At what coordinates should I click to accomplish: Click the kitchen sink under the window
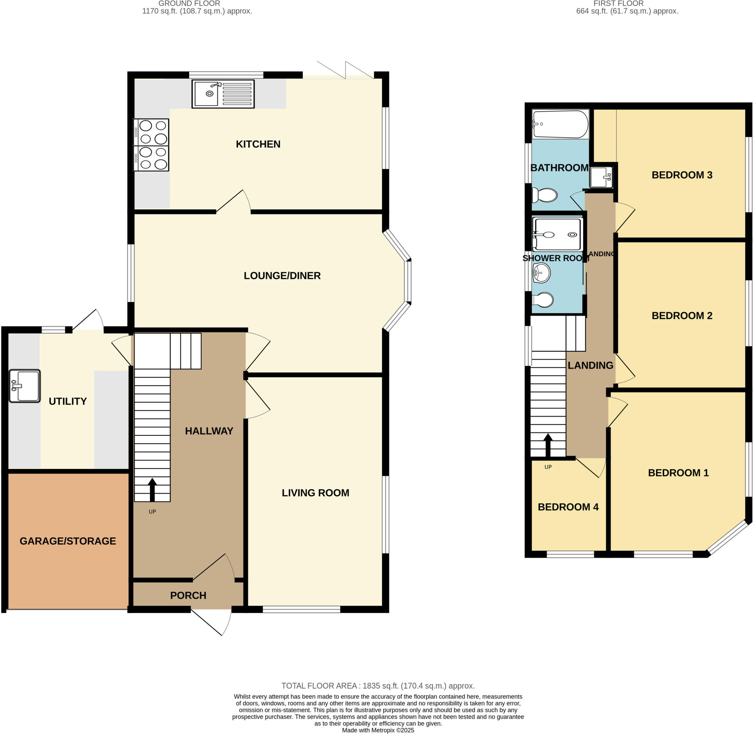pos(223,94)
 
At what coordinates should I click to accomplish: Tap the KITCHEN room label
pos(258,144)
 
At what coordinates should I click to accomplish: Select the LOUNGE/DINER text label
pos(282,275)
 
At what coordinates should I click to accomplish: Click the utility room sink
pos(25,386)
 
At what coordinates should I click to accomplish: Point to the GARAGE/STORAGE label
pos(68,541)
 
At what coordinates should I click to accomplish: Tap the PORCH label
pos(188,595)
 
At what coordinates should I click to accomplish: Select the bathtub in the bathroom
pos(560,124)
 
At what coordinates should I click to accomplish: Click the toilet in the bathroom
pos(545,195)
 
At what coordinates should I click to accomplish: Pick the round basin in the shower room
pos(541,273)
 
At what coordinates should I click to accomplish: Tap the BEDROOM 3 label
pos(681,175)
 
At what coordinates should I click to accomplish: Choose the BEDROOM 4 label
pos(568,507)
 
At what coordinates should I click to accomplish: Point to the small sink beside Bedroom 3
pos(601,177)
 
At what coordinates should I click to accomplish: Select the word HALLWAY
pos(209,431)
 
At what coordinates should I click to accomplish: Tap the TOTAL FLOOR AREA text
pos(378,686)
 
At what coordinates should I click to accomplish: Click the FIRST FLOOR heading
pos(618,3)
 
